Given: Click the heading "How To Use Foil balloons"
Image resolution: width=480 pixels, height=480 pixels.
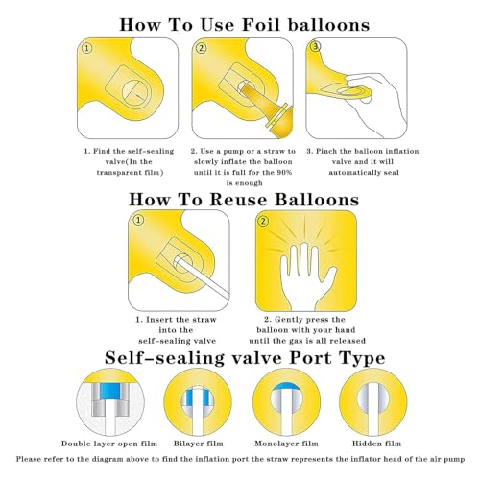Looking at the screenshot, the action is coord(245,25).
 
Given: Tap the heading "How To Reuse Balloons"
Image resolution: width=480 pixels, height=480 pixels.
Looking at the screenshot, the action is coord(244,200).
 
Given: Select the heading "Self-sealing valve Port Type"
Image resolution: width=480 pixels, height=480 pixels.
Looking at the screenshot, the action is coord(245,358).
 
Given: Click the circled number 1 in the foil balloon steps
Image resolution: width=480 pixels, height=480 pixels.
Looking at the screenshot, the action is coord(87,48).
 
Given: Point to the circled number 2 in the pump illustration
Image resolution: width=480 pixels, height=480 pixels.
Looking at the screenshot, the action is coord(202,48).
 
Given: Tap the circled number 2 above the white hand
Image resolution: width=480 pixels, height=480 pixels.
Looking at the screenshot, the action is coord(263,221).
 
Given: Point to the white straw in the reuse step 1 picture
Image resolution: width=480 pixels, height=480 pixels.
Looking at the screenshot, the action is coord(202,276).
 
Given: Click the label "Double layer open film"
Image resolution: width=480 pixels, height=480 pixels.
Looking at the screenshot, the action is coord(109,444).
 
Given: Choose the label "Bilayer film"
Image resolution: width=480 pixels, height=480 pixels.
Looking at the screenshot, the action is coord(199,444).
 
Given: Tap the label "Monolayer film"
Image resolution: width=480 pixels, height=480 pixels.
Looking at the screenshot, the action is coord(286,444).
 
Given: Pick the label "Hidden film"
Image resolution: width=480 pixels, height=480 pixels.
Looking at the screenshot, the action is coord(376,444).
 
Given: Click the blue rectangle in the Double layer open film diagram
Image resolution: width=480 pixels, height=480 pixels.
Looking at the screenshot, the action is coord(109,391).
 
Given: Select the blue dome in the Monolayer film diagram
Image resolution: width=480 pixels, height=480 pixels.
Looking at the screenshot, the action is coord(287,386).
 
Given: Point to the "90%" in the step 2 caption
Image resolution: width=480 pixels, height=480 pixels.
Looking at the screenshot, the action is coord(284,173).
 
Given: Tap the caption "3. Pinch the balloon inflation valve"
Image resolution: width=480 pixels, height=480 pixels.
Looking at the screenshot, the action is coord(363,156).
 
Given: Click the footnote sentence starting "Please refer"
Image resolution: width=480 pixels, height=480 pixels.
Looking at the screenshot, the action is coord(240,459).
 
